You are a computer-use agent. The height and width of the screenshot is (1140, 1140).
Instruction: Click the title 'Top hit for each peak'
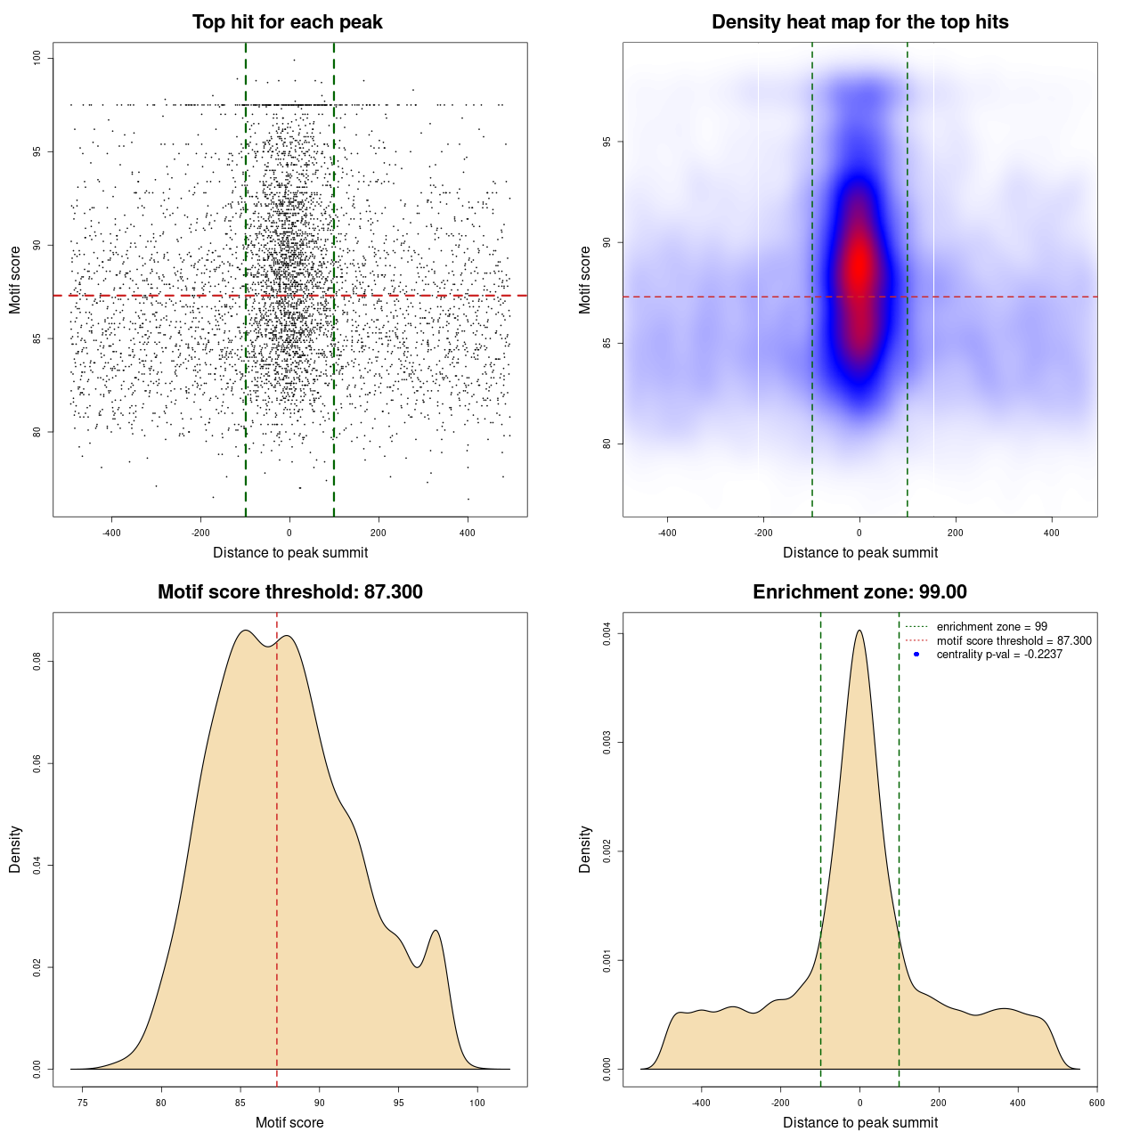[x=288, y=22]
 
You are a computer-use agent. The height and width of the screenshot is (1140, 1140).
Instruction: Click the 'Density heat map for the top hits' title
[x=859, y=22]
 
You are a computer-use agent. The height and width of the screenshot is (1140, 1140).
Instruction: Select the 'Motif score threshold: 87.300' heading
[x=289, y=592]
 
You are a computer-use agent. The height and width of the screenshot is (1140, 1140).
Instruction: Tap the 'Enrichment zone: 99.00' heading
[x=859, y=592]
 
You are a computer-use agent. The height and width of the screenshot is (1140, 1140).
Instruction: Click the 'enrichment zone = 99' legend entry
[x=991, y=627]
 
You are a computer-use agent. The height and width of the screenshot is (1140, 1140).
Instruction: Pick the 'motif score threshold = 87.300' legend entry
[x=1014, y=641]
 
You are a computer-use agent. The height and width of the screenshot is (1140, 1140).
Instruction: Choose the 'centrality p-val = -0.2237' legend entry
[x=999, y=655]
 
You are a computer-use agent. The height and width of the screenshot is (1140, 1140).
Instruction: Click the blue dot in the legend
[x=916, y=655]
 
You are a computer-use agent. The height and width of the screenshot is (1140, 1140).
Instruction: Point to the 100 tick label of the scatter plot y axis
[x=37, y=59]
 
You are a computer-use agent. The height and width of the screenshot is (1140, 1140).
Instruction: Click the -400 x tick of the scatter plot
[x=111, y=533]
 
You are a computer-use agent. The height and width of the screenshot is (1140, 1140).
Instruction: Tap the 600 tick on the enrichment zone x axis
[x=1096, y=1103]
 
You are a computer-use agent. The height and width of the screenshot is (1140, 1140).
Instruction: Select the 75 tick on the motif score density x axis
[x=83, y=1103]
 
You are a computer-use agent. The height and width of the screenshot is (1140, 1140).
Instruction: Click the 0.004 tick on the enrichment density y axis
[x=607, y=634]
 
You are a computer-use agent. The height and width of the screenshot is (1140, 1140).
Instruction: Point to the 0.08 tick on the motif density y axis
[x=37, y=662]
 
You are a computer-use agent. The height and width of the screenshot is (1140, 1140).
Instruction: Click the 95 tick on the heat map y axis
[x=607, y=142]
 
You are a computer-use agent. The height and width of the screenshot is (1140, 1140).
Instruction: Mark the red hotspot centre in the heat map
[x=859, y=265]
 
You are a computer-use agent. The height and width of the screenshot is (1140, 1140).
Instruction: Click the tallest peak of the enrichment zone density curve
[x=859, y=631]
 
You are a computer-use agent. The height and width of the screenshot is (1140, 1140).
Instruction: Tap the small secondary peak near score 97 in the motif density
[x=436, y=931]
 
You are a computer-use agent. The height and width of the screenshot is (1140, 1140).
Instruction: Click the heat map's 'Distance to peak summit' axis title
[x=859, y=553]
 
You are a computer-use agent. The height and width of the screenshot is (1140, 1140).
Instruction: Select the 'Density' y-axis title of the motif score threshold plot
[x=15, y=850]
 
